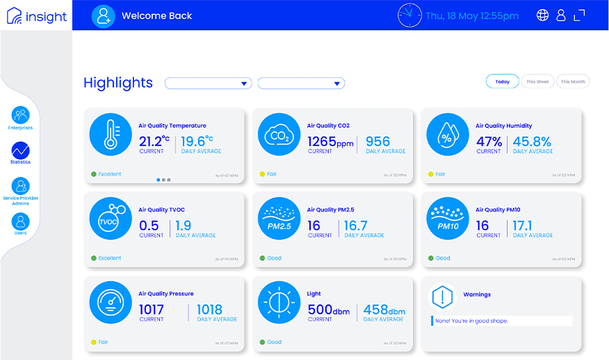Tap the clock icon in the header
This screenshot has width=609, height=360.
tap(409, 15)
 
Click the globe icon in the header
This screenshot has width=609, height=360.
tap(542, 15)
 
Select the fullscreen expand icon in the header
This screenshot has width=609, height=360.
tap(579, 15)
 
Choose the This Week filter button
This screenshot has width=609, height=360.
tap(537, 81)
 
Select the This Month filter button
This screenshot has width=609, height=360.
tap(573, 81)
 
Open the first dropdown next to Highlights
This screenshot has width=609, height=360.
tap(208, 83)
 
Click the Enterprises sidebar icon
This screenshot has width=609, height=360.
tap(21, 115)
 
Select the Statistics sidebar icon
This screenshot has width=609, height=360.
tap(21, 150)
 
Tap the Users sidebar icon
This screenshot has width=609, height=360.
tap(21, 222)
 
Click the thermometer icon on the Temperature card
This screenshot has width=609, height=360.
tap(111, 134)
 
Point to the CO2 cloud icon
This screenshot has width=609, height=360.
tap(279, 134)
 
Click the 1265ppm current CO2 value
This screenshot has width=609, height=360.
tap(330, 142)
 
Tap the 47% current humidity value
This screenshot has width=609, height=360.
tap(489, 142)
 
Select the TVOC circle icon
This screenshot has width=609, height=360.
tap(111, 218)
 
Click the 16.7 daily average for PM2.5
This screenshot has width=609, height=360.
tap(355, 226)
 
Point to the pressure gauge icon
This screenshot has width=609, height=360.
tap(111, 302)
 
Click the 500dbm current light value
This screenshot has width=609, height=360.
tap(329, 310)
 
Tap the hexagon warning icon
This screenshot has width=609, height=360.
tap(442, 297)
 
